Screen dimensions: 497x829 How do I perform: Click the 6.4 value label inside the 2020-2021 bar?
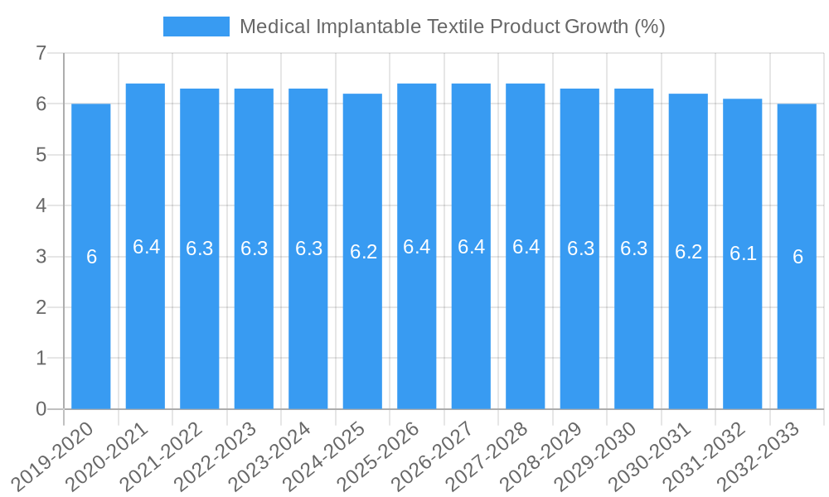pyautogui.click(x=146, y=247)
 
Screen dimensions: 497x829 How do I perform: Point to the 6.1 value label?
pyautogui.click(x=743, y=253)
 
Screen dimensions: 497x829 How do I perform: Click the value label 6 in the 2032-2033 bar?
pyautogui.click(x=797, y=257)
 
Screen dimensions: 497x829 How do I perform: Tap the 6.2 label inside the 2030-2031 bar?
pyautogui.click(x=688, y=252)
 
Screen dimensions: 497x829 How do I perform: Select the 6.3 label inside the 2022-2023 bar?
pyautogui.click(x=254, y=248)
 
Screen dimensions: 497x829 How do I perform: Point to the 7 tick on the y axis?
pyautogui.click(x=41, y=54)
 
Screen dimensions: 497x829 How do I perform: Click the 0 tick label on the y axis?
pyautogui.click(x=41, y=409)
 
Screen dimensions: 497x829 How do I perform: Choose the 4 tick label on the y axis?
pyautogui.click(x=41, y=205)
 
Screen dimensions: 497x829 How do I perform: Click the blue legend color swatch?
pyautogui.click(x=196, y=27)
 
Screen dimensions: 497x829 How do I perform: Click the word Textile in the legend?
pyautogui.click(x=455, y=27)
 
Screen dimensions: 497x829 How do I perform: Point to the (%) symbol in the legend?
pyautogui.click(x=649, y=27)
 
